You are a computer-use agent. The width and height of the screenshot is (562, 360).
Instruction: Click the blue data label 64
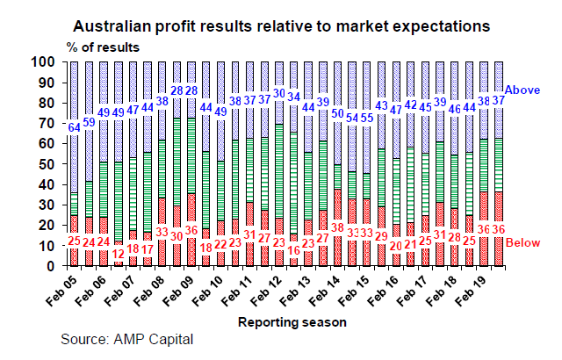75,128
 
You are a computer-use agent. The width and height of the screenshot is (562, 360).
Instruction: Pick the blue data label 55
367,118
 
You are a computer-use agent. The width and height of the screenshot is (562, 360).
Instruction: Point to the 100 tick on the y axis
43,62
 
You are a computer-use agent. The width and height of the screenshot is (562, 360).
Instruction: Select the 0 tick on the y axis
51,266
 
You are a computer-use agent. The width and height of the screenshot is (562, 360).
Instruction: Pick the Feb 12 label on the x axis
266,291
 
